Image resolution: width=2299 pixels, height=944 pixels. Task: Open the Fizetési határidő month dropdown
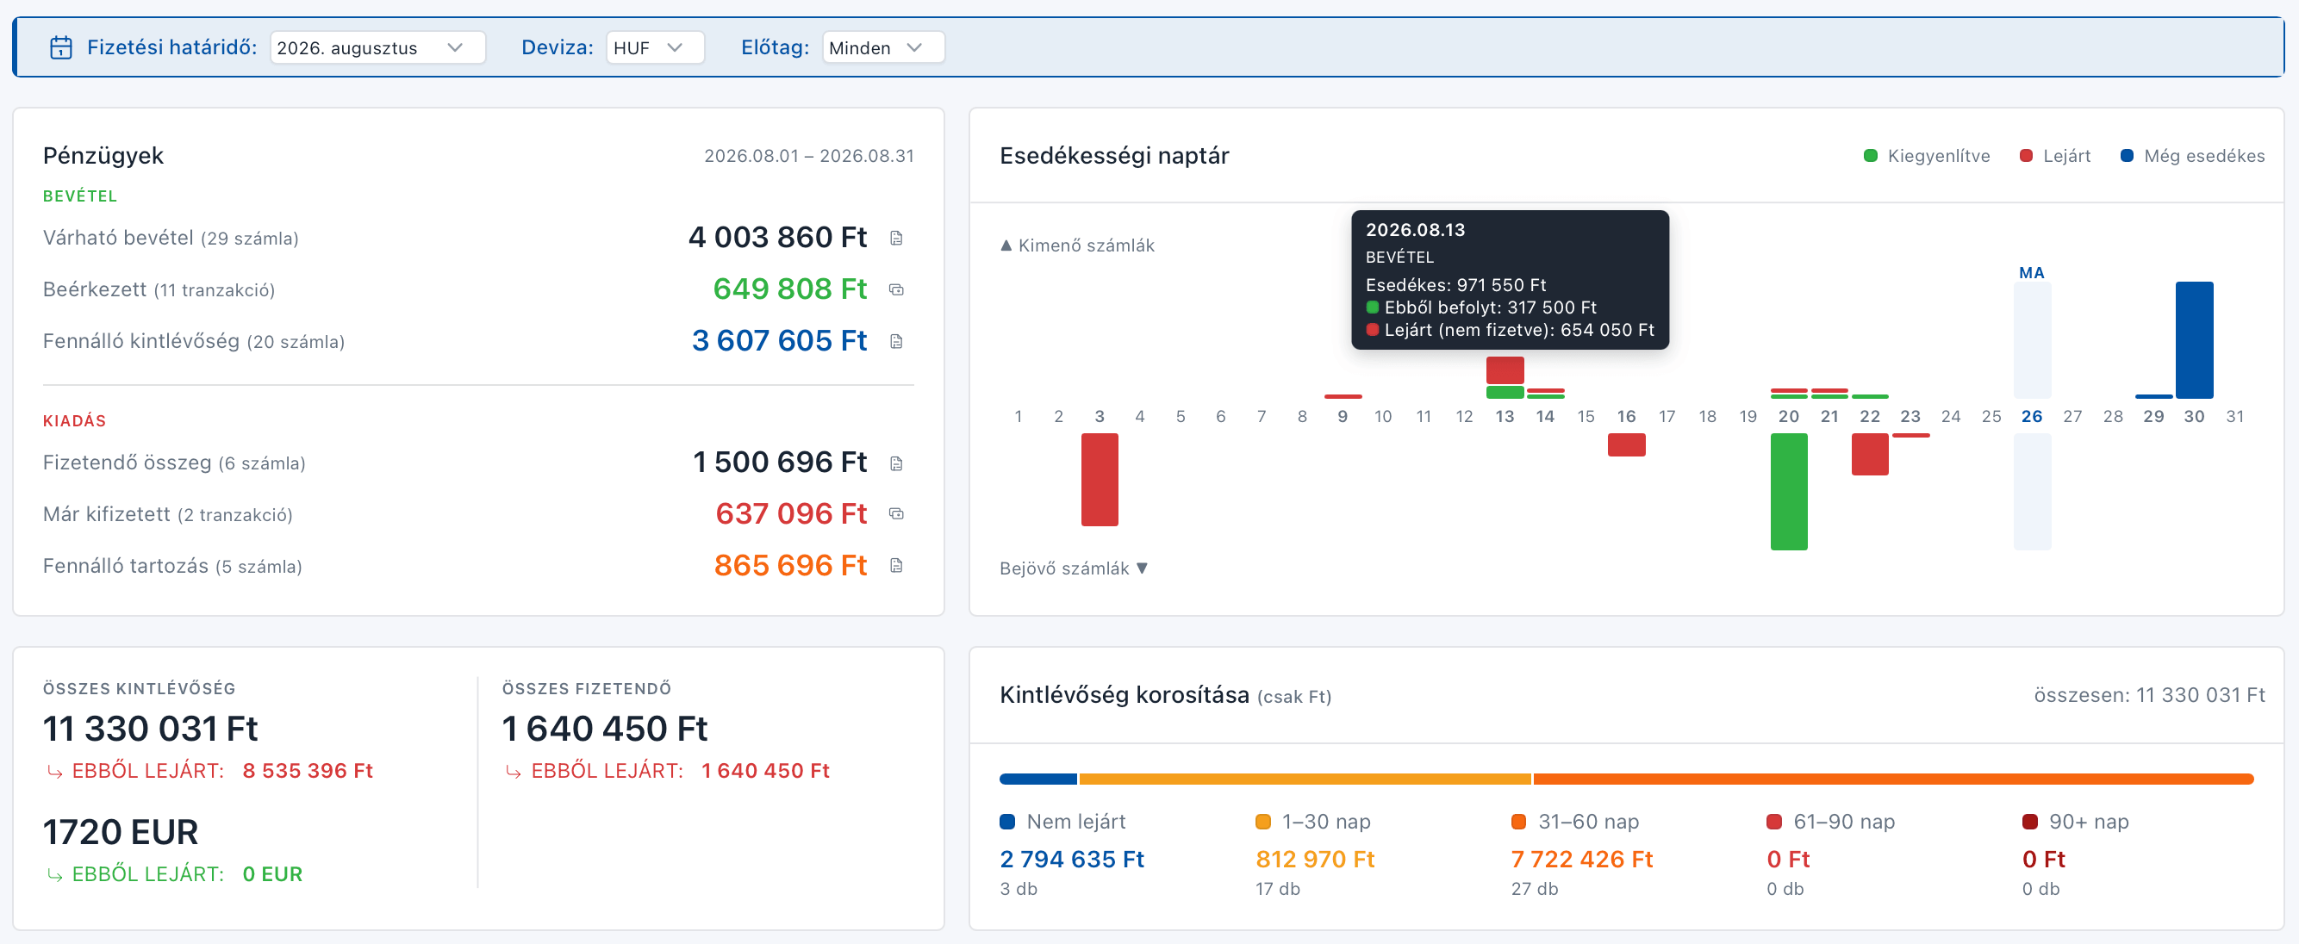[377, 47]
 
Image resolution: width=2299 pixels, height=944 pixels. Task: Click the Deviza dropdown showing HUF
[655, 47]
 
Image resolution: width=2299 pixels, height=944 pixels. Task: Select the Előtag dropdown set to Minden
[882, 47]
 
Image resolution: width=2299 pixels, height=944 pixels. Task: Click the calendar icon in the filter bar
[60, 47]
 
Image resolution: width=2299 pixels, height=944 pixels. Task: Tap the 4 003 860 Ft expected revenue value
[777, 238]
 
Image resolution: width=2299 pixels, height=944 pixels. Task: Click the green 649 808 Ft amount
[790, 289]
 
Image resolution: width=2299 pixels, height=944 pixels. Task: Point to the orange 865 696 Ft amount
[790, 566]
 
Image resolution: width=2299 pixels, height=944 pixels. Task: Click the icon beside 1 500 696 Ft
[897, 463]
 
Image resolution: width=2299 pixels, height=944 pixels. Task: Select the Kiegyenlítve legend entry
[1927, 156]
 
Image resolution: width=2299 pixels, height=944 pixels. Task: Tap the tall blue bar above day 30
[2194, 340]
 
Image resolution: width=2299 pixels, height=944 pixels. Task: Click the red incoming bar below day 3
[1100, 480]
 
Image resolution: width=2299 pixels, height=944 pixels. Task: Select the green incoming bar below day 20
[1789, 492]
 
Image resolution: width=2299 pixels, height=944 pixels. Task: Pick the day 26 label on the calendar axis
[2032, 417]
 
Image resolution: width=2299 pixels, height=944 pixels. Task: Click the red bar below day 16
[1626, 445]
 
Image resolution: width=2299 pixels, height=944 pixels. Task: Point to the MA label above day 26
[2032, 273]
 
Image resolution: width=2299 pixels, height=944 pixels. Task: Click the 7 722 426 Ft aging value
[1581, 860]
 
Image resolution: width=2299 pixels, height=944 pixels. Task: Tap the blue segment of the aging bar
[1038, 779]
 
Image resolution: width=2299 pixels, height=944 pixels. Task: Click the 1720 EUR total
[121, 831]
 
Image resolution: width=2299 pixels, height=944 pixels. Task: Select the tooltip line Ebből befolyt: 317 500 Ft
[1481, 307]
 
